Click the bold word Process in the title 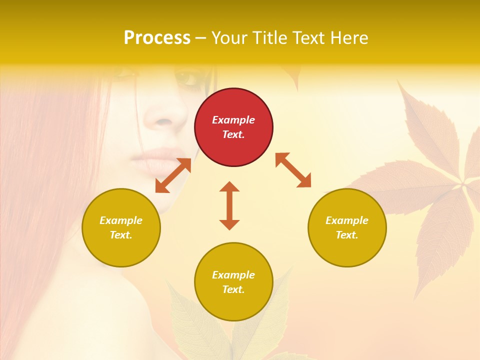pos(157,38)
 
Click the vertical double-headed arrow pos(229,205)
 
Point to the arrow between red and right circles pos(293,170)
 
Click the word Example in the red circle pos(233,120)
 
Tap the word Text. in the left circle pos(121,235)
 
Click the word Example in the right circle pos(347,220)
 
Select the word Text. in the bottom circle pos(233,289)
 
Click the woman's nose pos(162,117)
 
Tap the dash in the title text pos(201,38)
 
